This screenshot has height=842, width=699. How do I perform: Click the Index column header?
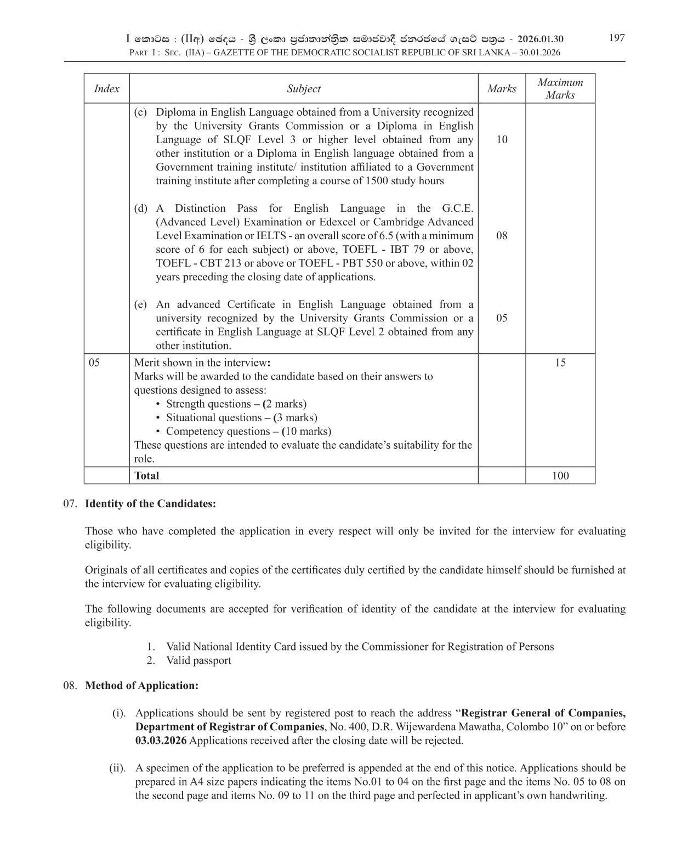[x=106, y=89]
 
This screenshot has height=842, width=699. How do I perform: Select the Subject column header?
[x=304, y=89]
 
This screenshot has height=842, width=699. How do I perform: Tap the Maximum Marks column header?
[x=560, y=89]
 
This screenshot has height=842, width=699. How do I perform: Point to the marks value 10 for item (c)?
[x=502, y=139]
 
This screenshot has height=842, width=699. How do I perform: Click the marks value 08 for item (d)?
[x=502, y=236]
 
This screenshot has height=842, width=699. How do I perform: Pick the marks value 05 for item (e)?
[x=502, y=318]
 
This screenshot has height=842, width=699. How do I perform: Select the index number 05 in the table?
[x=94, y=363]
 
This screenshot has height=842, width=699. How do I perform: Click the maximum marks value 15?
[x=560, y=363]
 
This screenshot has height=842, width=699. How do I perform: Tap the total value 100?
[x=560, y=476]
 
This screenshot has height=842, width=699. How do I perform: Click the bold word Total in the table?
[x=146, y=476]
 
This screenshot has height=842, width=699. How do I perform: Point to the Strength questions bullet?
[x=236, y=404]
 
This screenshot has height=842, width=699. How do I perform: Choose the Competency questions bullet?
[x=248, y=432]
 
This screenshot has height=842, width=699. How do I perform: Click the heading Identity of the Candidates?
[x=150, y=504]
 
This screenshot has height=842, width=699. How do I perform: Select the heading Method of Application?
[x=141, y=686]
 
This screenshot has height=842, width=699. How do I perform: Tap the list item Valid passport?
[x=198, y=660]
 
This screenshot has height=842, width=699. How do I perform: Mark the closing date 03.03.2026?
[x=161, y=741]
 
